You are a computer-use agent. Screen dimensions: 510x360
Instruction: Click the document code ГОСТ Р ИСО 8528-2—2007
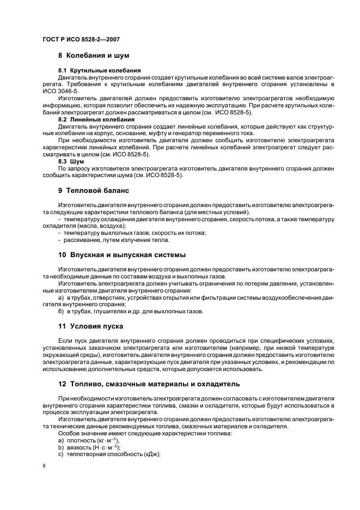[81, 40]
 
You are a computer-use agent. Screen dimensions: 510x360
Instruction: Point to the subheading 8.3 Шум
[71, 161]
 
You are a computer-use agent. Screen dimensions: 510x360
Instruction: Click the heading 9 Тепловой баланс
[94, 191]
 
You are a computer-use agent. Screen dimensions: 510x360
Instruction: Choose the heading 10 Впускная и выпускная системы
[122, 255]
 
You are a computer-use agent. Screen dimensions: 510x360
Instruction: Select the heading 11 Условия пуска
[90, 326]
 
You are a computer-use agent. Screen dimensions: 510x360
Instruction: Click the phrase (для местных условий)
[221, 211]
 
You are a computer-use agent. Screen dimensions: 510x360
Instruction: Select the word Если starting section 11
[64, 340]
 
